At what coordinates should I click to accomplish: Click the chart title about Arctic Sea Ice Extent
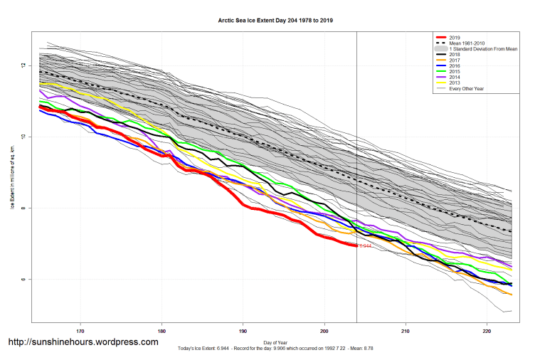point(275,20)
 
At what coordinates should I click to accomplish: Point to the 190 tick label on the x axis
point(243,331)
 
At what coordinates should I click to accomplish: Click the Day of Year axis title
point(275,342)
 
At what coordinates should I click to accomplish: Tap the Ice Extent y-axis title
point(12,179)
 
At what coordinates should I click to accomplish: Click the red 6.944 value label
point(364,245)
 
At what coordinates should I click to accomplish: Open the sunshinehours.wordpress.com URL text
point(83,342)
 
